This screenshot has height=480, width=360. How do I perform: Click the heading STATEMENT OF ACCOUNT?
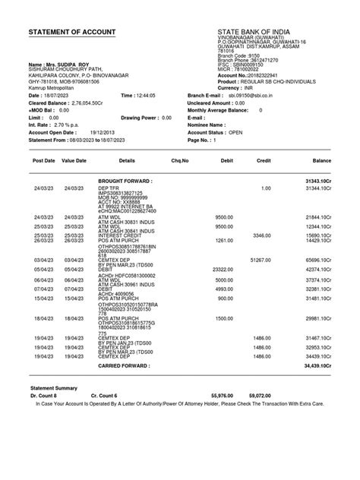point(72,32)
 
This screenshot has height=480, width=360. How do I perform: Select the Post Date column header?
point(43,162)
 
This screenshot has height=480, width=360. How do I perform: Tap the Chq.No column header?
point(180,162)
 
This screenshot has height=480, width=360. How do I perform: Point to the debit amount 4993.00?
point(223,289)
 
